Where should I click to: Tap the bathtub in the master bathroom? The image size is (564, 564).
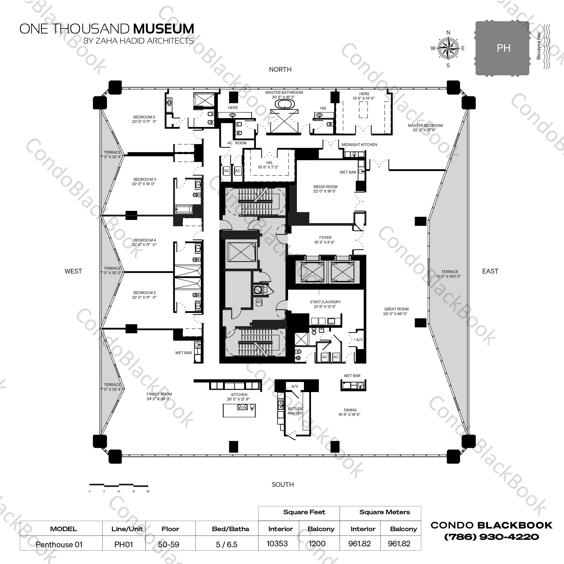(284, 104)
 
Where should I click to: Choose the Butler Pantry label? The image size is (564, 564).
(295, 411)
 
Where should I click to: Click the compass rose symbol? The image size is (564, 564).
(448, 48)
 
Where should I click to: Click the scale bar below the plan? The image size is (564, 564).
(119, 485)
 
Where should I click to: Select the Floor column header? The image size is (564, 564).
(170, 529)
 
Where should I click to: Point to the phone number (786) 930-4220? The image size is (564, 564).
(491, 537)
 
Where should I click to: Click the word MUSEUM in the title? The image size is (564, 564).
(163, 29)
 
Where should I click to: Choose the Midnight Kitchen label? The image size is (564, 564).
(359, 145)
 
